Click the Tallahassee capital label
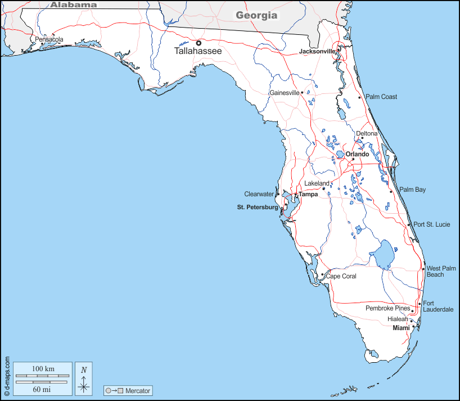coord(198,51)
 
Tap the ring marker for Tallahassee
coord(199,43)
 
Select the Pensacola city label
coord(49,40)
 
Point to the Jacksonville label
coord(317,51)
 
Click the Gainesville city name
coord(285,93)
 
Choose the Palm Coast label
coord(381,97)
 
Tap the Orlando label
coord(357,154)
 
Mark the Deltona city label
coord(367,134)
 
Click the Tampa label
coord(308,195)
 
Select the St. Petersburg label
coord(258,207)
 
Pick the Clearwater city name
coord(259,194)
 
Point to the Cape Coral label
coord(341,276)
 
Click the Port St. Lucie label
coord(432,224)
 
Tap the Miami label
coord(401,328)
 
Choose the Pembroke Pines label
coord(388,308)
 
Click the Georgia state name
coord(256,15)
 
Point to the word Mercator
coord(138,390)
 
